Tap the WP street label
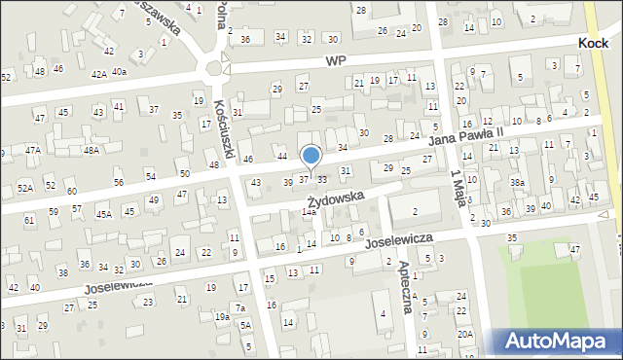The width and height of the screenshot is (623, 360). click(x=336, y=59)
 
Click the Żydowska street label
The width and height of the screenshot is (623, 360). click(x=338, y=198)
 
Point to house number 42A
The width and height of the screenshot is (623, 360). click(x=99, y=73)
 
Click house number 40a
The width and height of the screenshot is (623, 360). click(x=119, y=71)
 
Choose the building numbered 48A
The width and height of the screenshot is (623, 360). click(x=92, y=150)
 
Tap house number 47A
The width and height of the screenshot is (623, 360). click(x=33, y=150)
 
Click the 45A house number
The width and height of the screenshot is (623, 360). click(x=103, y=214)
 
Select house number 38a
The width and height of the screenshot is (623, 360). click(x=518, y=182)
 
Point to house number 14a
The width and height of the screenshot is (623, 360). click(x=309, y=211)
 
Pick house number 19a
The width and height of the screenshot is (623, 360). click(x=223, y=316)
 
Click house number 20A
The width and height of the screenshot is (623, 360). click(x=465, y=334)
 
